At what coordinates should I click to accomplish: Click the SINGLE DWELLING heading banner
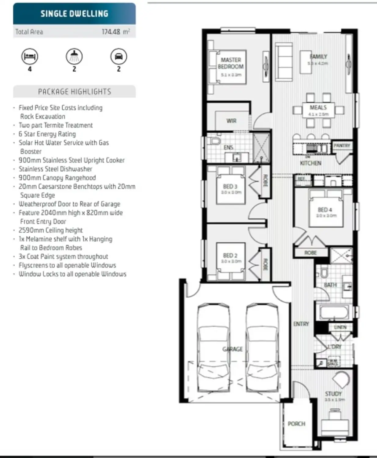pos(74,14)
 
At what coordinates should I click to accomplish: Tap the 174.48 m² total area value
pos(116,32)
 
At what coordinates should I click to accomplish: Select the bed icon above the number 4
pos(30,56)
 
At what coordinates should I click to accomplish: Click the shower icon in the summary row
pos(74,56)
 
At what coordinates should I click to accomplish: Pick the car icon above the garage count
pos(119,56)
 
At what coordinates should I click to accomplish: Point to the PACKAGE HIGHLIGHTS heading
pos(74,92)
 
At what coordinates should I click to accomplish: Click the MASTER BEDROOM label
pos(231,63)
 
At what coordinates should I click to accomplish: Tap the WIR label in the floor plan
pos(231,121)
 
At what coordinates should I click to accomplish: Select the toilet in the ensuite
pos(215,141)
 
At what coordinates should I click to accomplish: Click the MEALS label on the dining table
pos(318,107)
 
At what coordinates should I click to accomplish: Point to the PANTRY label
pos(342,146)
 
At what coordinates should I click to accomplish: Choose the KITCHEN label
pos(310,163)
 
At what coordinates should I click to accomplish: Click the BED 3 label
pos(230,186)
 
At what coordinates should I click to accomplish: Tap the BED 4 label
pos(325,210)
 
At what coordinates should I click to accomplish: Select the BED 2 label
pos(230,255)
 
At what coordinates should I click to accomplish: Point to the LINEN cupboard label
pos(340,327)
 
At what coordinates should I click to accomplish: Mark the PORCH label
pos(296,424)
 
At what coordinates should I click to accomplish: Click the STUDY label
pos(333,394)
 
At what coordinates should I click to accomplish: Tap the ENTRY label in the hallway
pos(301,324)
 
